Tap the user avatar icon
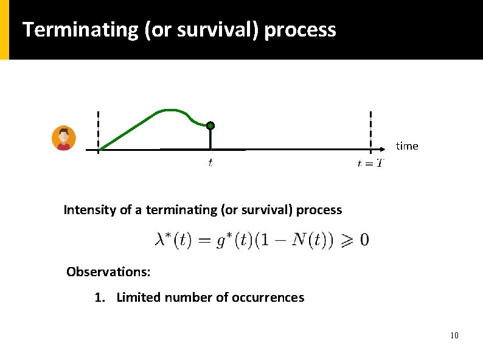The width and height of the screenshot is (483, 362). [x=63, y=138]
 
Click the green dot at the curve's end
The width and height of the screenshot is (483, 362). [x=210, y=126]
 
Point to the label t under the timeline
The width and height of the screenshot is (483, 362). [x=210, y=162]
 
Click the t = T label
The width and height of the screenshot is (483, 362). [x=370, y=162]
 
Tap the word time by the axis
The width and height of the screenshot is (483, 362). [x=407, y=146]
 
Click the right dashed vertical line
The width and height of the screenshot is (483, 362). [x=370, y=131]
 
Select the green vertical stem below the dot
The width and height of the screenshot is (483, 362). [x=210, y=139]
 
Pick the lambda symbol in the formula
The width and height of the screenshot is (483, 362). [x=161, y=240]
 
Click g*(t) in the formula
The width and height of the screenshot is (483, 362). [x=230, y=240]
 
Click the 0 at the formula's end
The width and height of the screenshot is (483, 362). [x=364, y=240]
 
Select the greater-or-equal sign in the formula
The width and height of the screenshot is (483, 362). [x=346, y=240]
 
